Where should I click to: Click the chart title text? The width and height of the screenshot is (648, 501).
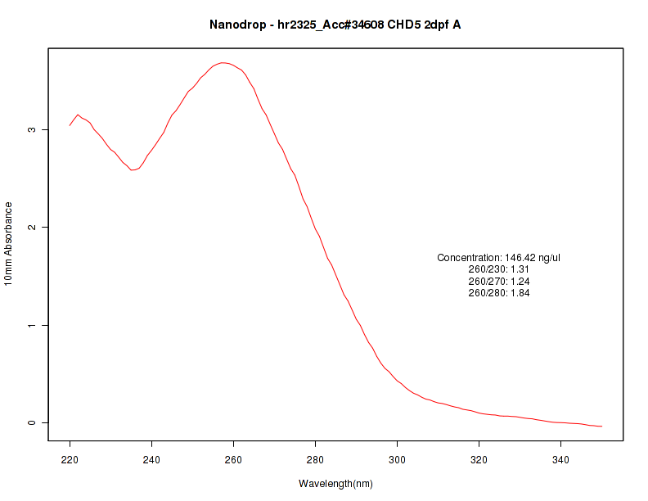335,25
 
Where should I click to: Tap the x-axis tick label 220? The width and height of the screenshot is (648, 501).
70,459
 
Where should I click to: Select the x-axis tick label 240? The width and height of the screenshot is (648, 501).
152,459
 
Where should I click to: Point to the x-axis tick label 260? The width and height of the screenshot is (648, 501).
234,459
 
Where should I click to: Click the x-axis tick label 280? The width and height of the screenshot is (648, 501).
316,459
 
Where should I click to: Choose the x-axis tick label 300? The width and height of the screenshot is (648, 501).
398,459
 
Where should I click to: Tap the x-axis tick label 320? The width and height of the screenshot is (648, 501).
479,459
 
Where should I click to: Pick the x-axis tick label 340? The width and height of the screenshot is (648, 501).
561,459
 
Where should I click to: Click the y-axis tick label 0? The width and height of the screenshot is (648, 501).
32,422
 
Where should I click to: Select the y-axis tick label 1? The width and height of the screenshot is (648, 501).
32,325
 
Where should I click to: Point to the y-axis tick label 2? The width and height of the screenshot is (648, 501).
32,227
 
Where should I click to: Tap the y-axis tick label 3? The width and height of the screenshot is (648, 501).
32,129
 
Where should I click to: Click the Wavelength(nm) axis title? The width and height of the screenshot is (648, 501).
335,484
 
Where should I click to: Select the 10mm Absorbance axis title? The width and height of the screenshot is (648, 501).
9,243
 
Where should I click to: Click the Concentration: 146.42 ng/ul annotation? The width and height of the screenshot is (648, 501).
499,257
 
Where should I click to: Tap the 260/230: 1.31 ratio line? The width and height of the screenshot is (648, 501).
499,269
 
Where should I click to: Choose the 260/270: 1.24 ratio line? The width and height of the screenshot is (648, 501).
499,281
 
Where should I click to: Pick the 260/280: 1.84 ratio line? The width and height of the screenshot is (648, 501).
499,293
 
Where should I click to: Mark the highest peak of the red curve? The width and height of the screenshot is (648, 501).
223,62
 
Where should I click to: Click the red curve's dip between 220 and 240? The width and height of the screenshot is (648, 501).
133,170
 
